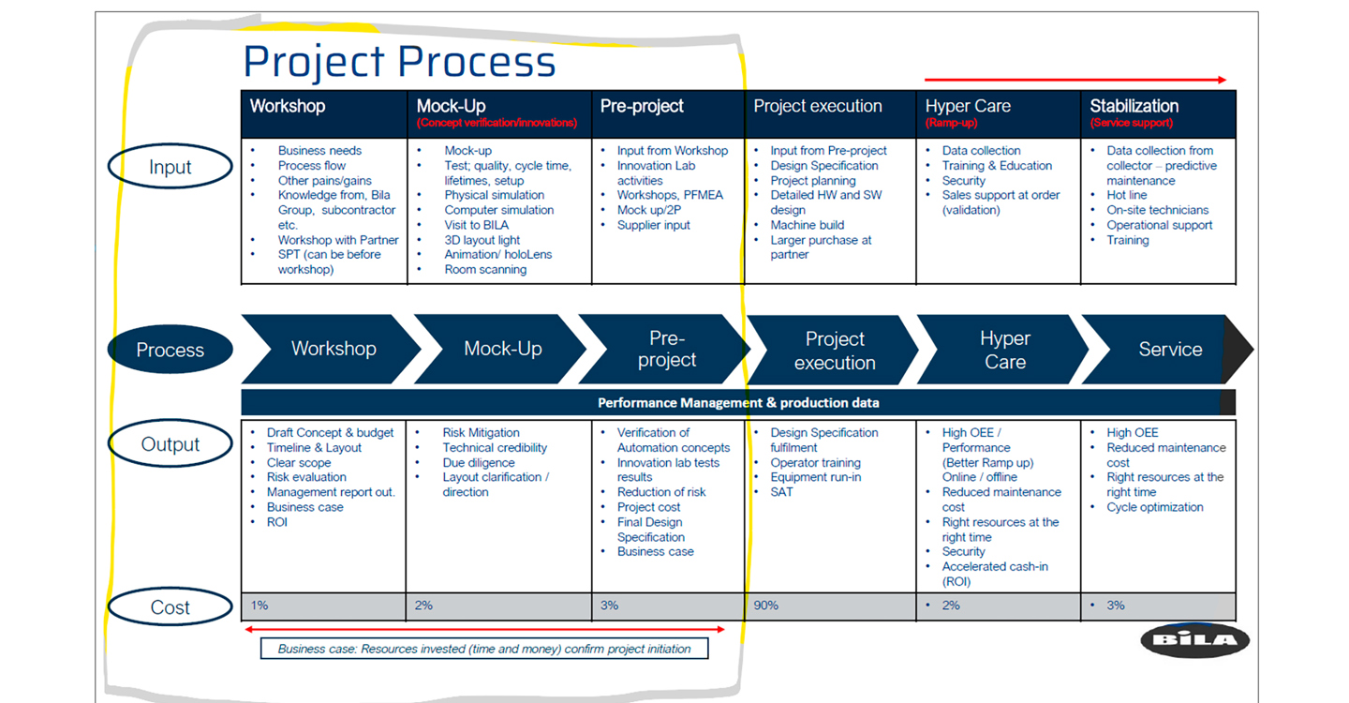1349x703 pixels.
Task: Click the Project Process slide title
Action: [399, 62]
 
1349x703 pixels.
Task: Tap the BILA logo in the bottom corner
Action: [1194, 640]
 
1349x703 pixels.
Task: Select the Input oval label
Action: [170, 168]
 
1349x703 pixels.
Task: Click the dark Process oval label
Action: [170, 350]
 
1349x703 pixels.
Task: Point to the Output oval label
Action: [170, 444]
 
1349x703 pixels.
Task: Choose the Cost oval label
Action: [170, 607]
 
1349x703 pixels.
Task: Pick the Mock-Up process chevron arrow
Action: [503, 349]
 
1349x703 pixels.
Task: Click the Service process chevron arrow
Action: [1170, 350]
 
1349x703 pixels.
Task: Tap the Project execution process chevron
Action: [834, 351]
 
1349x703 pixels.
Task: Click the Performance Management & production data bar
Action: [738, 403]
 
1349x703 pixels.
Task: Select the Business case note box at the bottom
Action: [483, 649]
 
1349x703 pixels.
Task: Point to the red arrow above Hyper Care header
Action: [1075, 81]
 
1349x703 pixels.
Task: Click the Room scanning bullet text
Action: [485, 270]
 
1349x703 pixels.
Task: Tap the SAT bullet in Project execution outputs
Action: [781, 492]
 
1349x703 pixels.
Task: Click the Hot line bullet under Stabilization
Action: [1126, 195]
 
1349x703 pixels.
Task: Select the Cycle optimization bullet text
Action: [1155, 507]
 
